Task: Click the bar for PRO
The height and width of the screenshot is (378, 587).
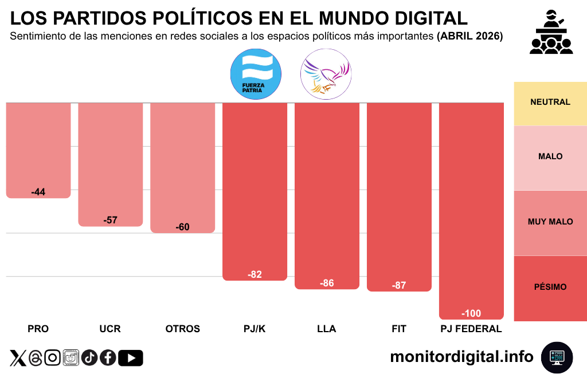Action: (x=38, y=149)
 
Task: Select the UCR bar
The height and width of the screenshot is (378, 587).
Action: (x=110, y=163)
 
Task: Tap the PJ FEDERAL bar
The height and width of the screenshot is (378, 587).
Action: (x=471, y=209)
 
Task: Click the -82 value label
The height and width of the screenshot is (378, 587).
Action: (x=255, y=275)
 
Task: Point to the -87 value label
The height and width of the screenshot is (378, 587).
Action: (x=399, y=285)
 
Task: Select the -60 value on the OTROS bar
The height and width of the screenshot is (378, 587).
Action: (x=182, y=227)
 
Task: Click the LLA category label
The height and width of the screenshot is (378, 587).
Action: (x=327, y=329)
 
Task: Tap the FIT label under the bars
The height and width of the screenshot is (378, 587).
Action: (x=399, y=329)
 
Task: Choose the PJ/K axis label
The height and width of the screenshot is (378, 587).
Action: (x=255, y=329)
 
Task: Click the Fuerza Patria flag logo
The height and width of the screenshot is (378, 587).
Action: (x=255, y=74)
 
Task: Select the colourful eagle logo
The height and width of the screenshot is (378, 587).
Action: (x=326, y=74)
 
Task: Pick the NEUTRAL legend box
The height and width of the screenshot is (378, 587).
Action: (x=550, y=103)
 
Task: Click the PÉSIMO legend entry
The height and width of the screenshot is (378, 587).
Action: (x=550, y=287)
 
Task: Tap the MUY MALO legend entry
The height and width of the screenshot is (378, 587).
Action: (x=550, y=222)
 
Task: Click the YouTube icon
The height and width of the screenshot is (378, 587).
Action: (x=131, y=358)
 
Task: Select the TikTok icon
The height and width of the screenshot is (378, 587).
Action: (x=89, y=358)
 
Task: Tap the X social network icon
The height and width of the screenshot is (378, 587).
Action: (x=18, y=358)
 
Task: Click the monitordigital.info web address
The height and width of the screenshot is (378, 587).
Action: (x=461, y=357)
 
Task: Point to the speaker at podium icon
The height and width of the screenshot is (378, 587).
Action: (x=551, y=33)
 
